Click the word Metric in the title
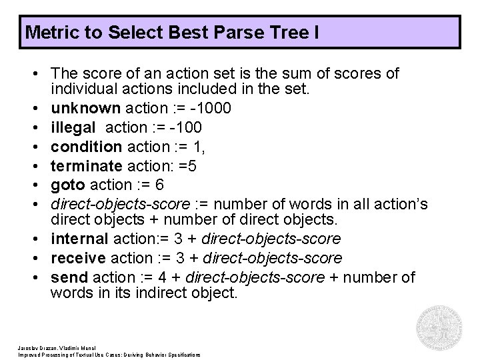[47, 32]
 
